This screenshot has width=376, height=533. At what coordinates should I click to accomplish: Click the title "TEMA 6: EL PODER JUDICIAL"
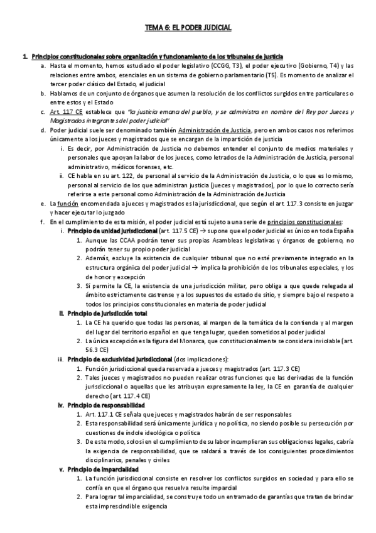point(188,28)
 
